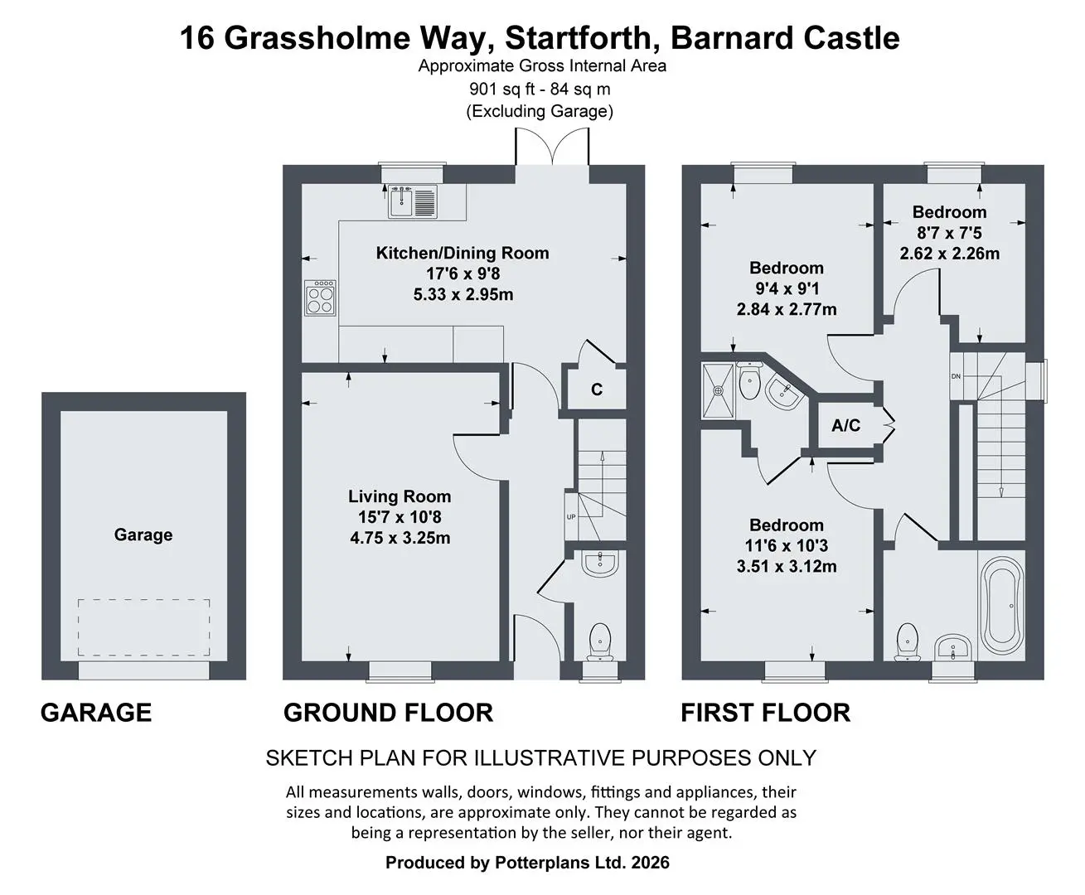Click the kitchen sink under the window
[413, 201]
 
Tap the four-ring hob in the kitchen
[320, 298]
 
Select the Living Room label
[399, 496]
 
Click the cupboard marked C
[597, 389]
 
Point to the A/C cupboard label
[846, 425]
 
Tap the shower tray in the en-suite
[718, 390]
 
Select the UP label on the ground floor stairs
[571, 517]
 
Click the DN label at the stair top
[957, 376]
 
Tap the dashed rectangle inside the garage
[144, 627]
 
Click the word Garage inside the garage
[143, 535]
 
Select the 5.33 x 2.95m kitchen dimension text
[463, 294]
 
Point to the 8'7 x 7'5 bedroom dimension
[949, 233]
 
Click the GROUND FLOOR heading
[388, 712]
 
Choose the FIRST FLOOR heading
[765, 712]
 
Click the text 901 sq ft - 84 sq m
[540, 89]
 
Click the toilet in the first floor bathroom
[908, 642]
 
